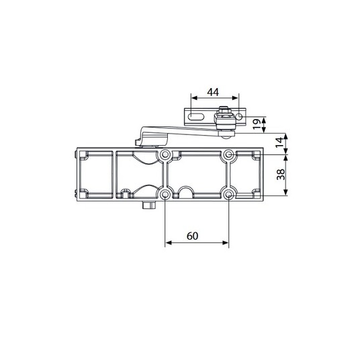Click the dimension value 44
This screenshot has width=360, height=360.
213,92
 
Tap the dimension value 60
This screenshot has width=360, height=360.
192,236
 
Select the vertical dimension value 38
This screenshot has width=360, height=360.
281,175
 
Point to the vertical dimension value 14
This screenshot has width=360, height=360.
279,143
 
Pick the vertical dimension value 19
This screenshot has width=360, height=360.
257,124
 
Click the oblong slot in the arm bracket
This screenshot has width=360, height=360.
196,116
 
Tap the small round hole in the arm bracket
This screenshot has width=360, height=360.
239,117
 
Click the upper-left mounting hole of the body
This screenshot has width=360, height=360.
165,155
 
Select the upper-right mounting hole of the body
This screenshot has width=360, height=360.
228,155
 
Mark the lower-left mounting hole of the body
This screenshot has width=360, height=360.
165,195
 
